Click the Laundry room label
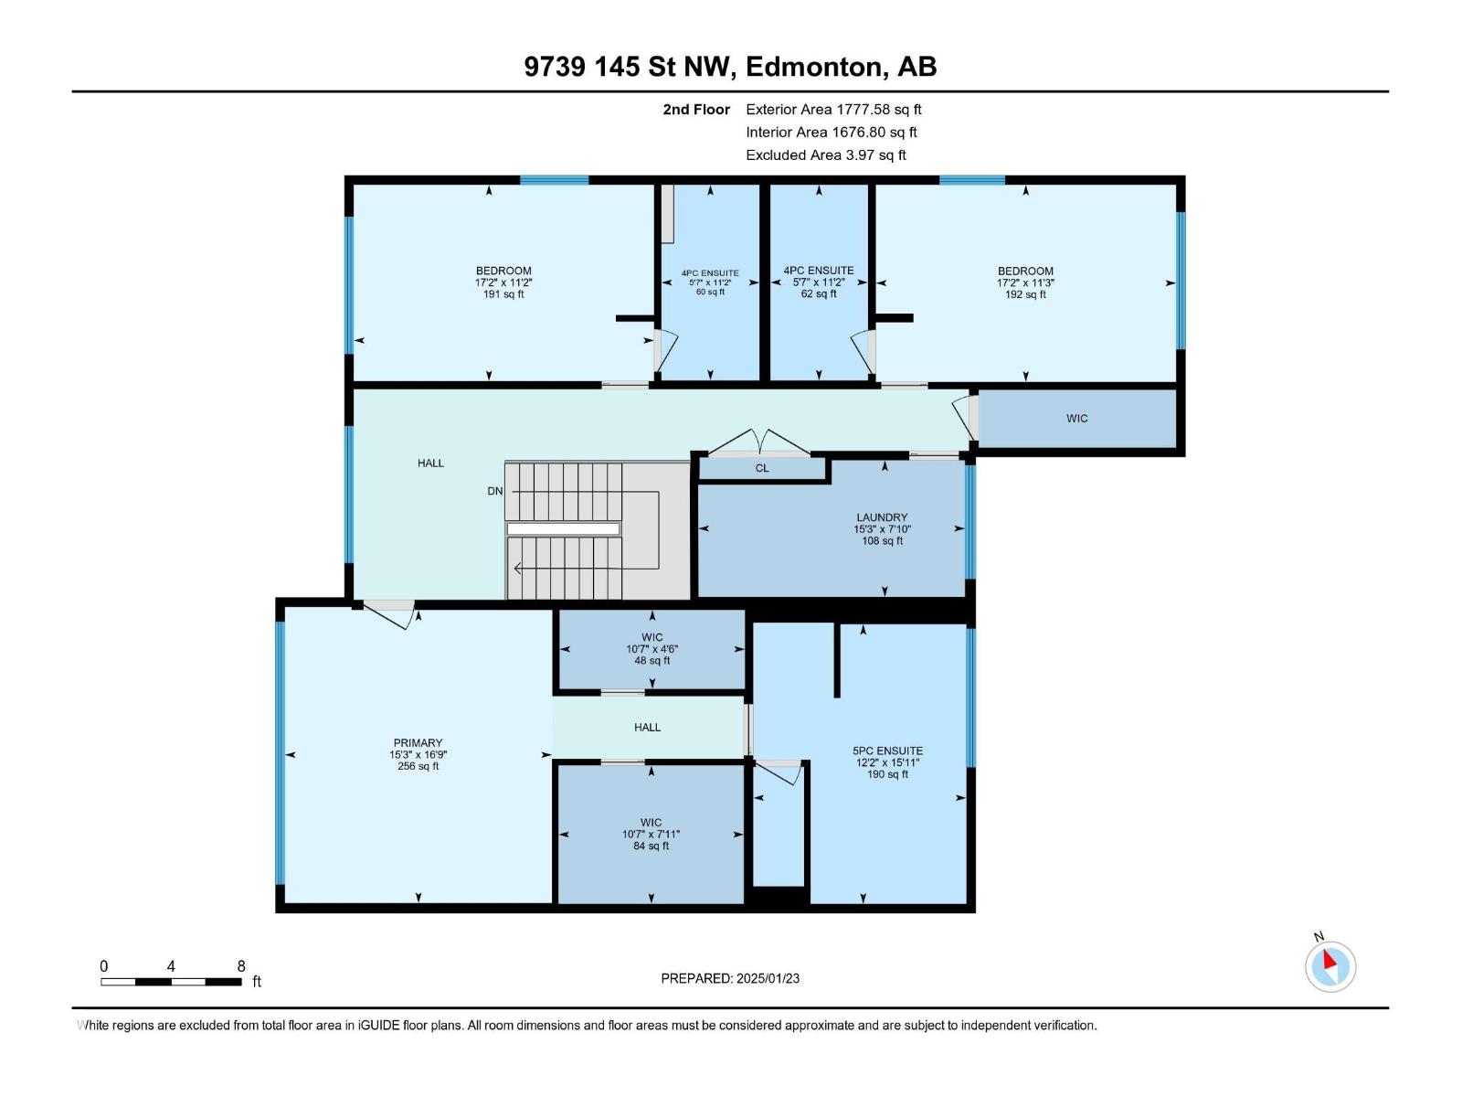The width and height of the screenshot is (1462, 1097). (882, 517)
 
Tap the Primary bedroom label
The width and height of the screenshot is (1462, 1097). (418, 742)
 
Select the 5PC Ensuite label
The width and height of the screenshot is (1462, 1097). (887, 751)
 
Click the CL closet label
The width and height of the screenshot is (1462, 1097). (762, 468)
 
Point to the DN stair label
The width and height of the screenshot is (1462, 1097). (495, 491)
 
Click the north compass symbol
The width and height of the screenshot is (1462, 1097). (1330, 965)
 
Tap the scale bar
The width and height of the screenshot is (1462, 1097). (171, 982)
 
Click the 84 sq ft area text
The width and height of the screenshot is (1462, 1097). (651, 846)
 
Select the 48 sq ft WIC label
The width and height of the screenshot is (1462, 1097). (652, 649)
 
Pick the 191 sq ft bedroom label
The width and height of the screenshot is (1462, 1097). (503, 282)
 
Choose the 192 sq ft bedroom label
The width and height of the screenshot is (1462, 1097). (1025, 282)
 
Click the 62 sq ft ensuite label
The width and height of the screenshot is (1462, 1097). (819, 282)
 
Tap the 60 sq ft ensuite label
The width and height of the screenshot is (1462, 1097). (710, 282)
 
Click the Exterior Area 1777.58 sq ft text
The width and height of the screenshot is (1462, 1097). (833, 109)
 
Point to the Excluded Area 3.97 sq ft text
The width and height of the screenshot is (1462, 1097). (826, 155)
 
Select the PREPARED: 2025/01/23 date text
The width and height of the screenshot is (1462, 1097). (730, 978)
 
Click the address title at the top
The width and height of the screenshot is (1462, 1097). (730, 67)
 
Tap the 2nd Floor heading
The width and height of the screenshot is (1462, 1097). (696, 109)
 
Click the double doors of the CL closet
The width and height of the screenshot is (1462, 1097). (759, 443)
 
